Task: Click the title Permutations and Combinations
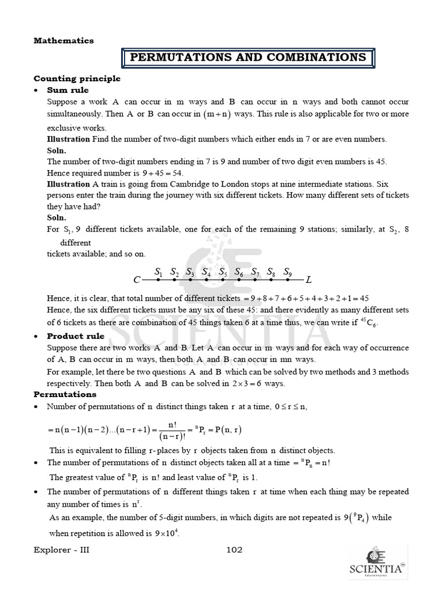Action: pos(248,57)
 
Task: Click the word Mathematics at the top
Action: pos(63,40)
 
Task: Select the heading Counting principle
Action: pos(77,78)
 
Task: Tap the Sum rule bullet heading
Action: pos(68,90)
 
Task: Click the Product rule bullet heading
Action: pos(76,336)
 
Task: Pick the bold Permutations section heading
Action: pos(65,394)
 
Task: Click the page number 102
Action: pos(234,550)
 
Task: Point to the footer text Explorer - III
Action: pos(62,550)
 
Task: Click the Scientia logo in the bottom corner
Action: pos(376,563)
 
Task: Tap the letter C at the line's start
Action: pos(137,280)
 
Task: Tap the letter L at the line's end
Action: pos(309,280)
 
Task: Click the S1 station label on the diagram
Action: pos(159,272)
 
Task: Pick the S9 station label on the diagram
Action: pos(288,272)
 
